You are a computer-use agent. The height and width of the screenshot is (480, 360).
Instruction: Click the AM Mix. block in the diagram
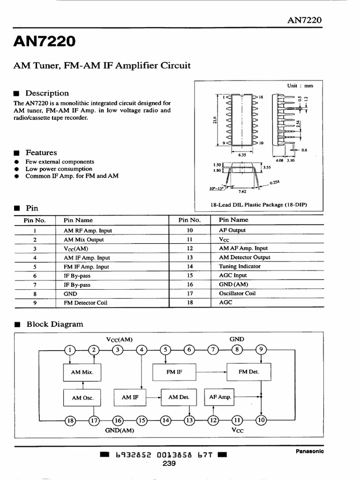pos(82,372)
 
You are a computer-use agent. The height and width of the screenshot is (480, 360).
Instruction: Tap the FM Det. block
pos(249,372)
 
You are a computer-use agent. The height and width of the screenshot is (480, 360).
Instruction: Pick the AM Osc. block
pos(82,397)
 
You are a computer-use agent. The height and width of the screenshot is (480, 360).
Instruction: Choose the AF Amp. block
pos(218,397)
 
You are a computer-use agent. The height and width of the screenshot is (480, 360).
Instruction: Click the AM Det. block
pos(179,397)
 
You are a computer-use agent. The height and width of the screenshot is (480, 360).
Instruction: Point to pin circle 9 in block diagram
pos(261,349)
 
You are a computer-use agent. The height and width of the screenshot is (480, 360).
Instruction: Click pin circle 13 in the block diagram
pos(189,420)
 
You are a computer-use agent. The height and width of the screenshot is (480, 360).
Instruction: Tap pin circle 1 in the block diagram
pos(70,349)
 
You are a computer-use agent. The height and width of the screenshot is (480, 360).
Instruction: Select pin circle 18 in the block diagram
pos(70,420)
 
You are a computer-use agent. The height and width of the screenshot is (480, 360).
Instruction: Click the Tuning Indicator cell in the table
pos(240,266)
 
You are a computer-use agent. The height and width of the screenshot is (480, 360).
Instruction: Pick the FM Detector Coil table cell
pos(85,303)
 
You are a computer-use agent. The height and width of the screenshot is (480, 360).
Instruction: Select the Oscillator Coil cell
pos(237,293)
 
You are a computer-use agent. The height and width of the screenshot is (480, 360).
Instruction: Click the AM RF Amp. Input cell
pos(88,231)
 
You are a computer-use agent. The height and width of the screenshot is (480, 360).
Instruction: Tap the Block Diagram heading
pos(54,324)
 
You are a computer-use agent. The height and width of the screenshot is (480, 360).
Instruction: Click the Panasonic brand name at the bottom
pos(309,451)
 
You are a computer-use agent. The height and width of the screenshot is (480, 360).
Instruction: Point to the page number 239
pos(169,464)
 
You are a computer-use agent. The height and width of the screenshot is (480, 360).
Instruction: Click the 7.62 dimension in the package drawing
pos(242,191)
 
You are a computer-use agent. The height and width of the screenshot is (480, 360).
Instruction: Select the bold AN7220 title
pos(44,42)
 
